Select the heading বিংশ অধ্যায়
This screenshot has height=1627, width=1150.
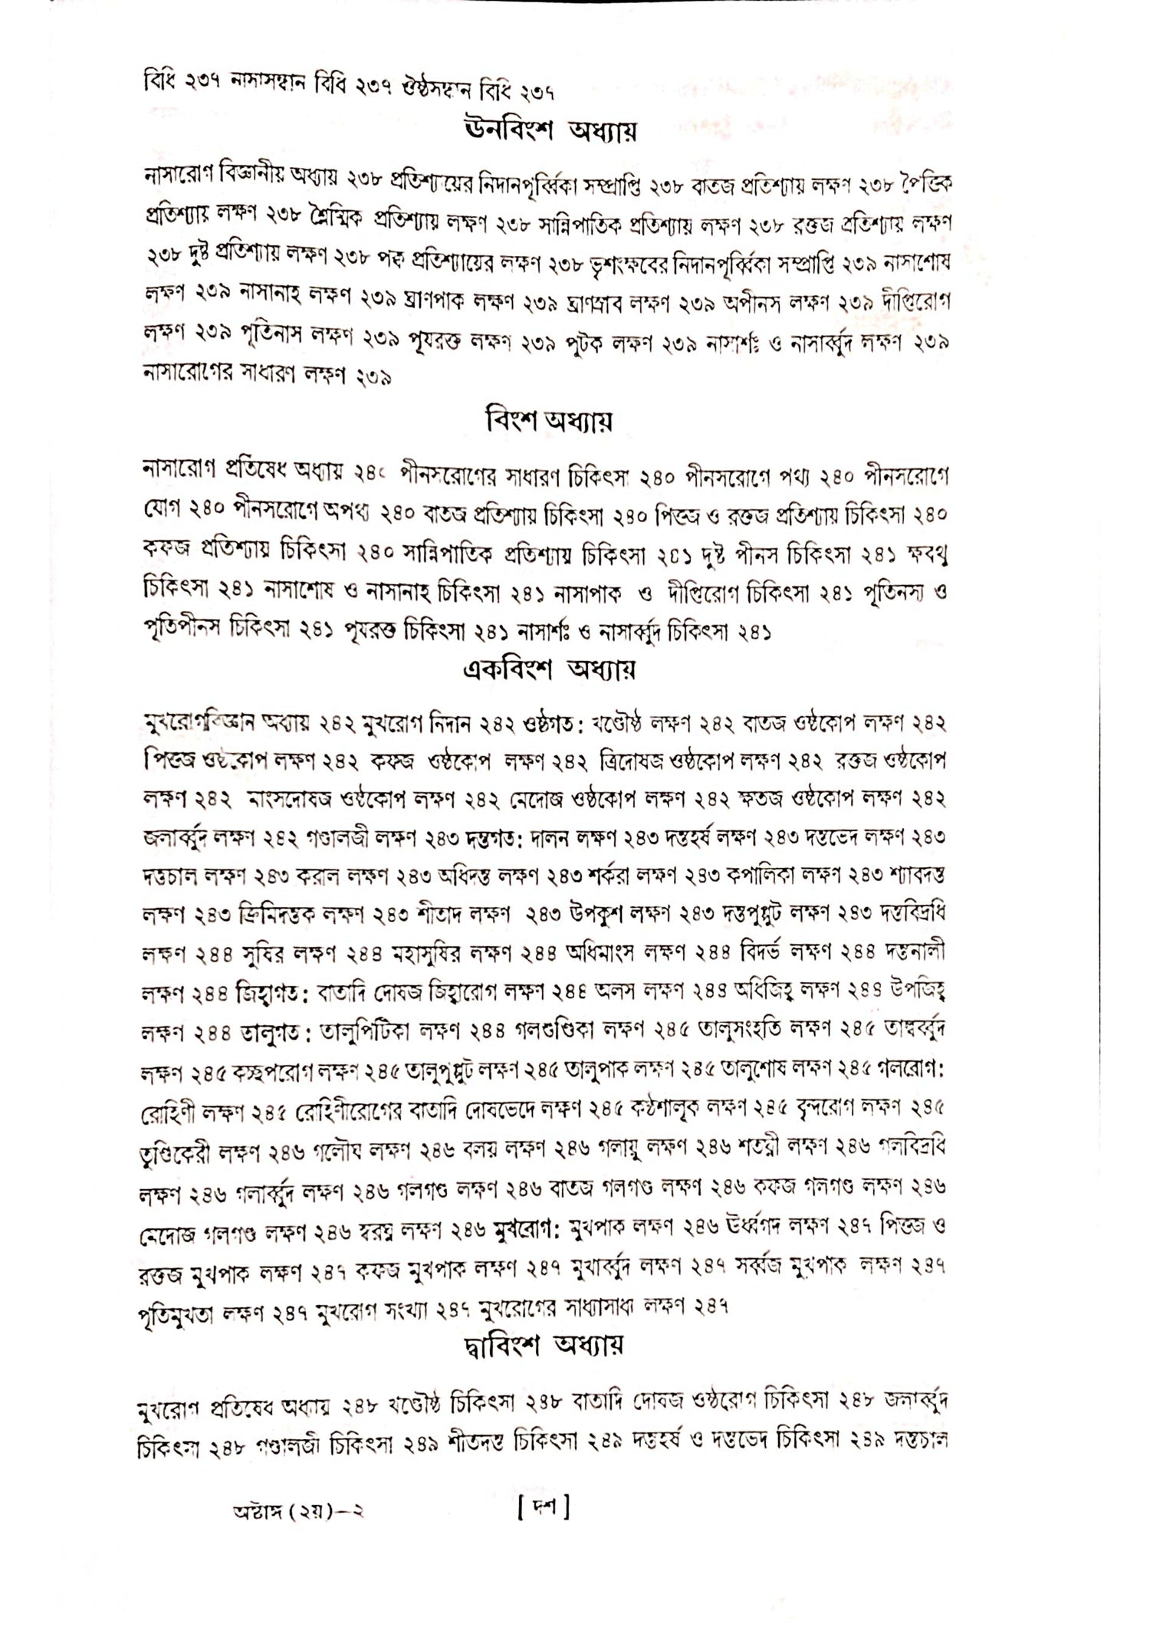point(549,420)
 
